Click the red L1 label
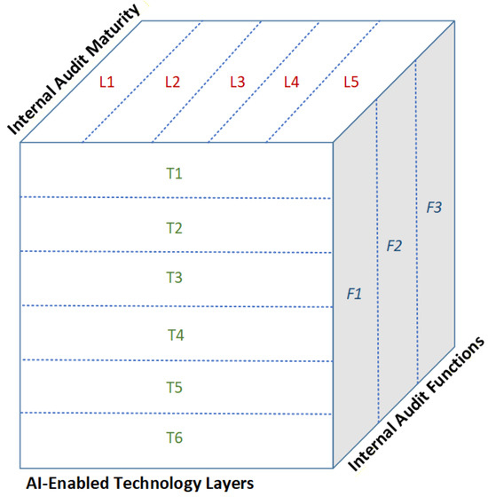(x=106, y=82)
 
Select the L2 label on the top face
(x=172, y=82)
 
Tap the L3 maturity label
(x=238, y=82)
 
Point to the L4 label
(x=291, y=82)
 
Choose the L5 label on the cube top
(x=351, y=82)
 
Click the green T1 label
(x=174, y=173)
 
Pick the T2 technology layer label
(x=174, y=228)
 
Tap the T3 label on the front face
(x=174, y=278)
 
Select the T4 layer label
(x=176, y=335)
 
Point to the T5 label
(x=174, y=388)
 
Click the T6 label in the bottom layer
(x=174, y=438)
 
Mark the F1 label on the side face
(x=354, y=294)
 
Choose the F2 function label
(x=394, y=246)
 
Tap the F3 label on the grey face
(x=434, y=208)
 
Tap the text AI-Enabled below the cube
(x=67, y=484)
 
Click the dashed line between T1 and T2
(x=176, y=198)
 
